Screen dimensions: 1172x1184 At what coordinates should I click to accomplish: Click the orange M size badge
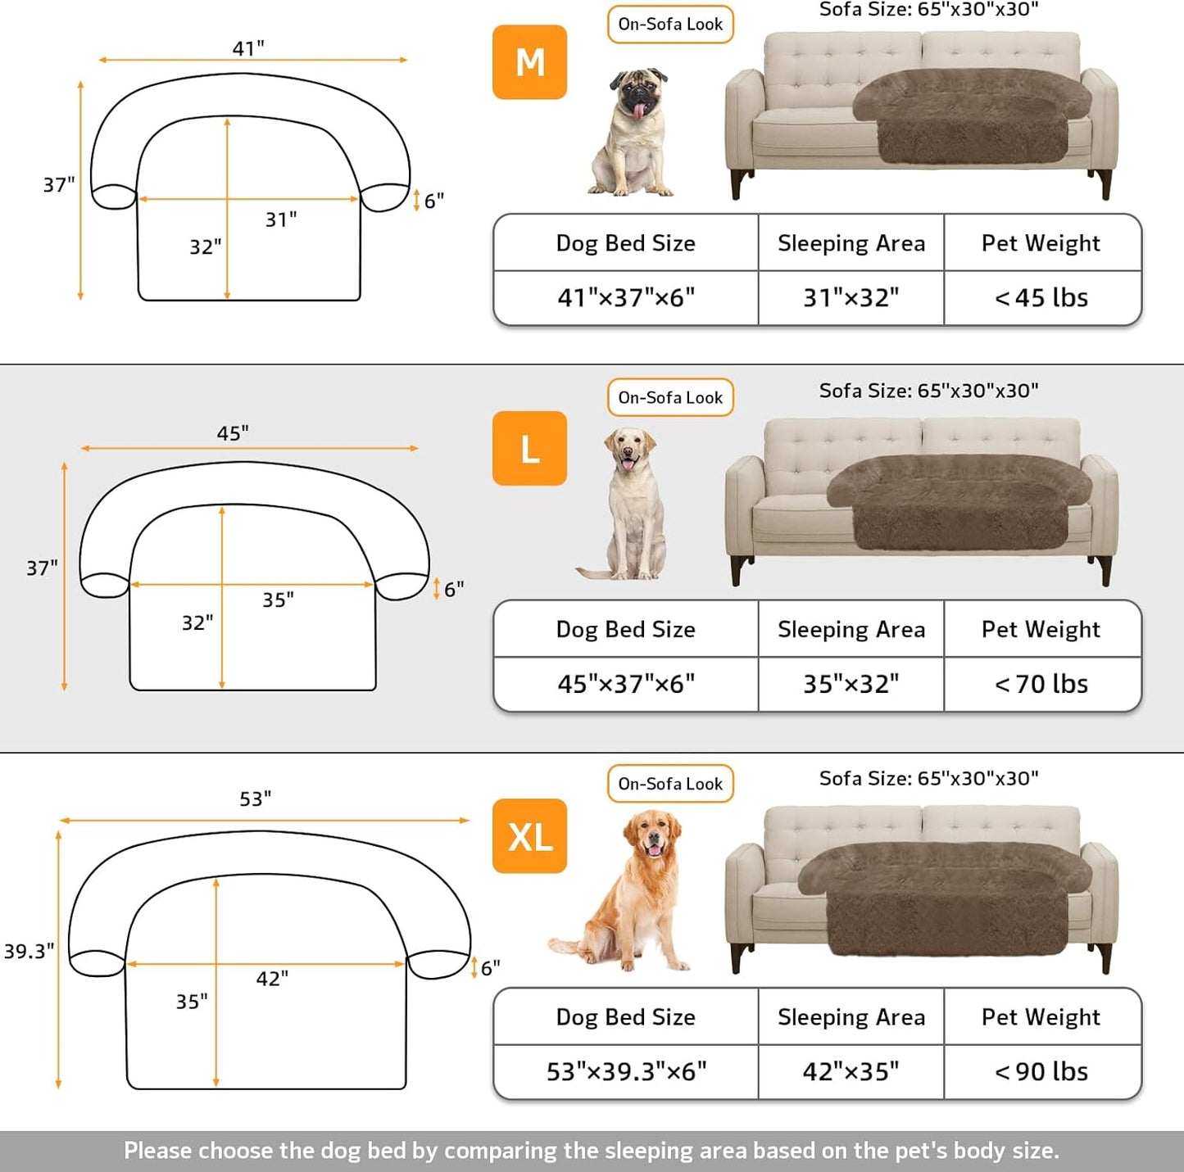(529, 62)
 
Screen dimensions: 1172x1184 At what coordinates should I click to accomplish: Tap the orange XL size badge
(529, 836)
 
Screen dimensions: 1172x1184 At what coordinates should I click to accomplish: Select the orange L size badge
(529, 449)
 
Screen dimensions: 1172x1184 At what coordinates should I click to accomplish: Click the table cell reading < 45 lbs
(1041, 298)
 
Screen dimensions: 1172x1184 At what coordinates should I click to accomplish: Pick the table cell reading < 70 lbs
(1041, 684)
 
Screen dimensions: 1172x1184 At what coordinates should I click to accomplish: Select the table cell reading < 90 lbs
(1041, 1071)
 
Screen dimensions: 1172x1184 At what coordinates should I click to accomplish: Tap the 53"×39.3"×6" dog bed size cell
(626, 1071)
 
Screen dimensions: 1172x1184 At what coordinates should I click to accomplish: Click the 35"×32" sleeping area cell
(851, 684)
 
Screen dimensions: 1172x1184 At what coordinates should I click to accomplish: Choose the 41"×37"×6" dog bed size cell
(626, 298)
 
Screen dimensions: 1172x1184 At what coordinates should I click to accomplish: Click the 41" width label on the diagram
(248, 48)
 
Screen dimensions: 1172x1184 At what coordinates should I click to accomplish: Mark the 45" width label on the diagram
(233, 433)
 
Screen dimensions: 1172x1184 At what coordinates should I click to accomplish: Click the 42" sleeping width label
(272, 979)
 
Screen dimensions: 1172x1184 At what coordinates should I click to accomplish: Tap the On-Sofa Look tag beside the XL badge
(670, 784)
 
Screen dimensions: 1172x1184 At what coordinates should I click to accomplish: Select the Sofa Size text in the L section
(928, 391)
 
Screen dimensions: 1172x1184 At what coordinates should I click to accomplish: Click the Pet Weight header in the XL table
(1041, 1016)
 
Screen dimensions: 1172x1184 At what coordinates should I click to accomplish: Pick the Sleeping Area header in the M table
(851, 243)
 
